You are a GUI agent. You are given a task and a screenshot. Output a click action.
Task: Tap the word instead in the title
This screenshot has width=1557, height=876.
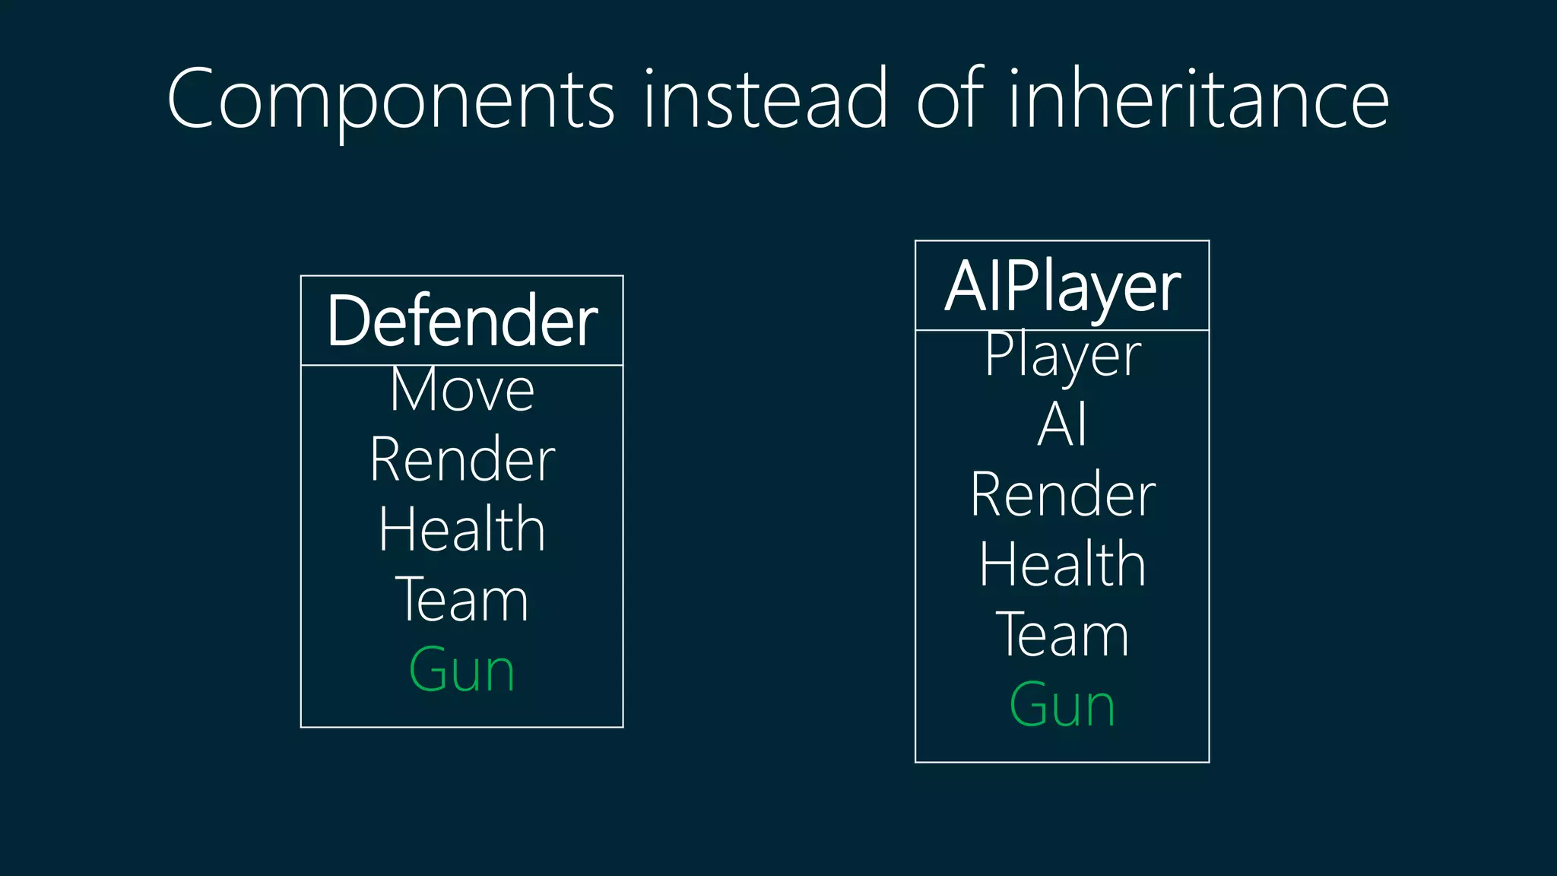(x=765, y=99)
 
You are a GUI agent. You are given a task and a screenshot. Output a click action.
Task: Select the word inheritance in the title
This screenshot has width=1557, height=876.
(x=1198, y=99)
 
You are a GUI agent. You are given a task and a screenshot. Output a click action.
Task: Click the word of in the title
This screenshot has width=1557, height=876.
(x=951, y=99)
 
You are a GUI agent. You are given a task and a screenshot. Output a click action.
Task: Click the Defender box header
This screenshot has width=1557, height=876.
(x=461, y=321)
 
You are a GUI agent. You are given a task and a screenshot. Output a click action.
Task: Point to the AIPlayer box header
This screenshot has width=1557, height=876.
(x=1062, y=287)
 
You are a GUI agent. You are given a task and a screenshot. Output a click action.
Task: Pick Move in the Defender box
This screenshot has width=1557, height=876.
(x=461, y=390)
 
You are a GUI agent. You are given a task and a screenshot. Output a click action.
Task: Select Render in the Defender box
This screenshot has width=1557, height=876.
(x=461, y=460)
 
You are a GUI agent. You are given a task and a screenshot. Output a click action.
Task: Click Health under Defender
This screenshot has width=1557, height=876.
(x=461, y=530)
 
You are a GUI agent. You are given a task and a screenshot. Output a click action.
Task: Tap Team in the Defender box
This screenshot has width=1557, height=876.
(x=461, y=600)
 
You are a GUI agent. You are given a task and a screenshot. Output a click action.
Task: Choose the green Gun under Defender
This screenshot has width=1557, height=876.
(x=461, y=671)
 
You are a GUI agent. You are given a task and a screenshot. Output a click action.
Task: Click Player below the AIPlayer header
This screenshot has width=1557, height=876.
(x=1062, y=354)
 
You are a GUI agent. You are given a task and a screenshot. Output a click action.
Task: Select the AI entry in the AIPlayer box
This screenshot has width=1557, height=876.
(x=1062, y=424)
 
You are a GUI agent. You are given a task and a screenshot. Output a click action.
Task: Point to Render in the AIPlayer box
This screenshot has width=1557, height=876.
(x=1062, y=495)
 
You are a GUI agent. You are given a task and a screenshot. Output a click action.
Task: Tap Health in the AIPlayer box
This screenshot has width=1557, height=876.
(x=1062, y=565)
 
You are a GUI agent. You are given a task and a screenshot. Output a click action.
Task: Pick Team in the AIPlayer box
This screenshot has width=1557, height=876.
(x=1062, y=635)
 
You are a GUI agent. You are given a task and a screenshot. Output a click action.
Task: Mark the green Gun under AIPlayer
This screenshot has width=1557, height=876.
(x=1062, y=706)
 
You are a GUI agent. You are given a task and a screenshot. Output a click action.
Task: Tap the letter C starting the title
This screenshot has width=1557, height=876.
(x=190, y=99)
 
